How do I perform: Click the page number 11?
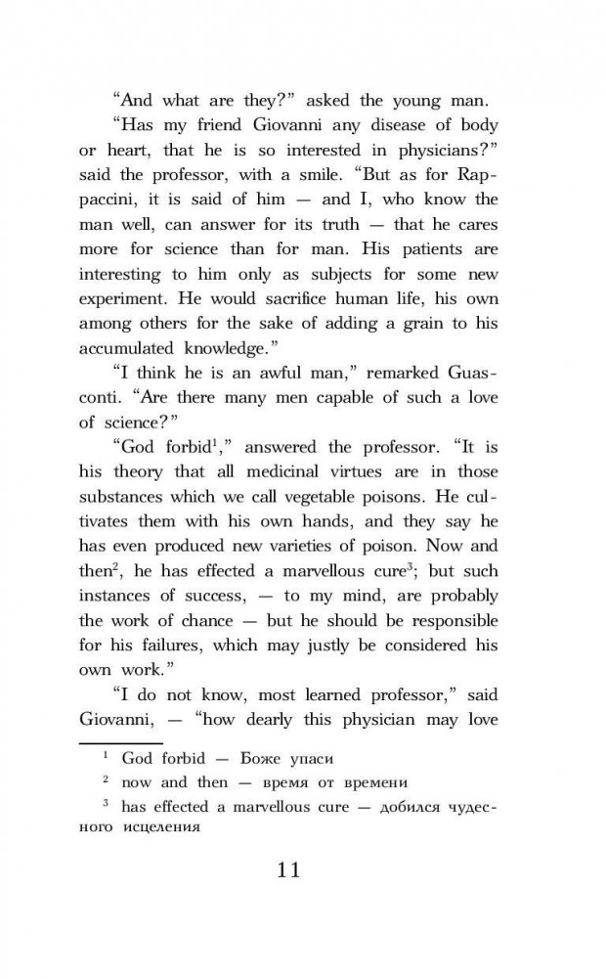(x=302, y=869)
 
